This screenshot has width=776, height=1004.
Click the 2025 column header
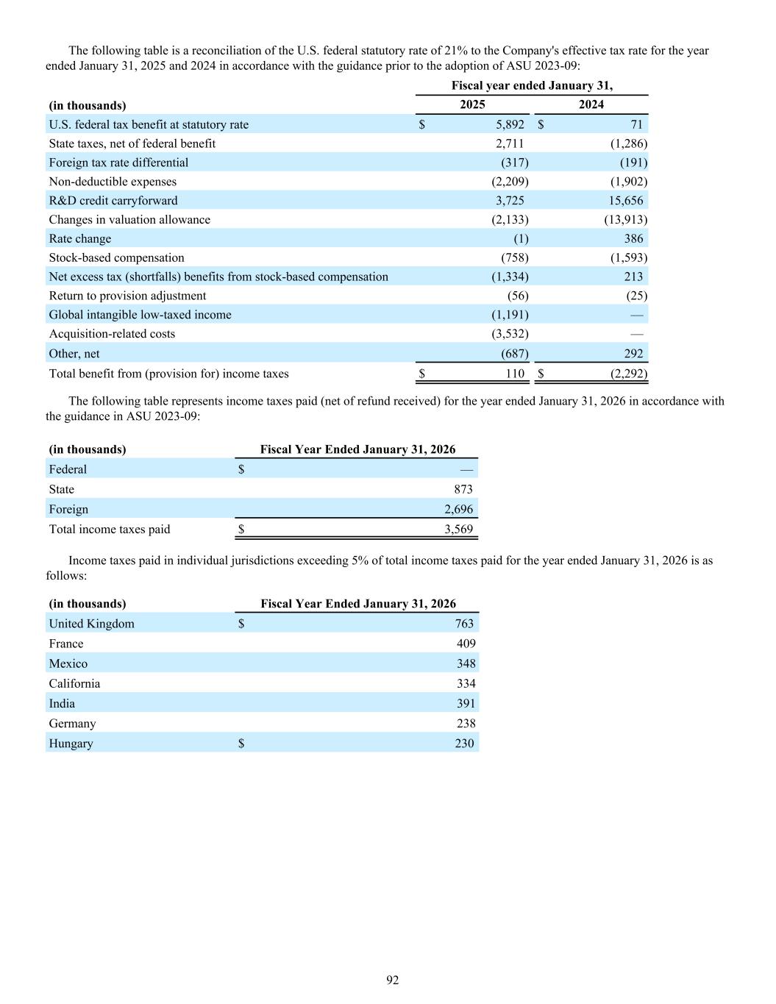(x=472, y=104)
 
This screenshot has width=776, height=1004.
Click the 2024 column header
(x=591, y=104)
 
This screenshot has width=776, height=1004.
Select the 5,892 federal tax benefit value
(x=510, y=124)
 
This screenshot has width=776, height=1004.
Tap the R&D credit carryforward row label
(x=113, y=201)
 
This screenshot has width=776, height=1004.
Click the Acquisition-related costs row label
(x=112, y=334)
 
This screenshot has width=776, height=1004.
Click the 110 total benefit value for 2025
(x=515, y=374)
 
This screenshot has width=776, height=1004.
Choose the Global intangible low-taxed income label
(x=140, y=315)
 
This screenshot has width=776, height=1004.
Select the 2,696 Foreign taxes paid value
(x=458, y=509)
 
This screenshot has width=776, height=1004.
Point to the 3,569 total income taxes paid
(x=458, y=530)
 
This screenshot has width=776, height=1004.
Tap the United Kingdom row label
(x=91, y=624)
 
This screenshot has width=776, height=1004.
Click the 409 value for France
(x=466, y=644)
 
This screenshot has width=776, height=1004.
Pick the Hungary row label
(x=71, y=744)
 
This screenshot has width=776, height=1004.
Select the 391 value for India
(x=466, y=704)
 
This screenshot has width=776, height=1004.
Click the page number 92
(x=393, y=980)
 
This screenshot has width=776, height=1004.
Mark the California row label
(x=74, y=684)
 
